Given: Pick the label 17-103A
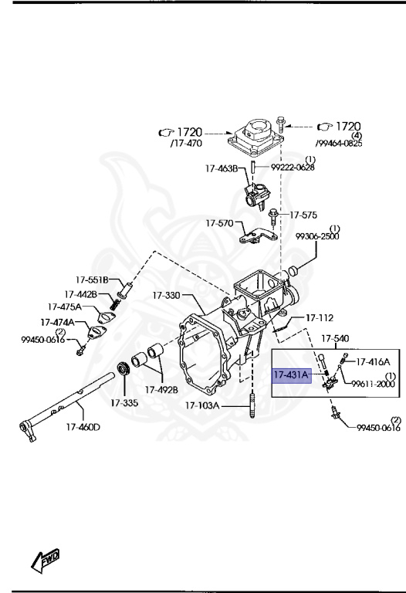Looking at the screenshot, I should click(202, 405).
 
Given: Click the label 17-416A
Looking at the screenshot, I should click(373, 361).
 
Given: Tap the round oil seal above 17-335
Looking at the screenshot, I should click(123, 368).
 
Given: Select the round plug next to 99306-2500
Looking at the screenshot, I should click(293, 272).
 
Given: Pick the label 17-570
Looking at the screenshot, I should click(218, 223).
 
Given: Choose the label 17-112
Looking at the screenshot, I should click(319, 317).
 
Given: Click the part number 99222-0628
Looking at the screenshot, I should click(293, 167).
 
